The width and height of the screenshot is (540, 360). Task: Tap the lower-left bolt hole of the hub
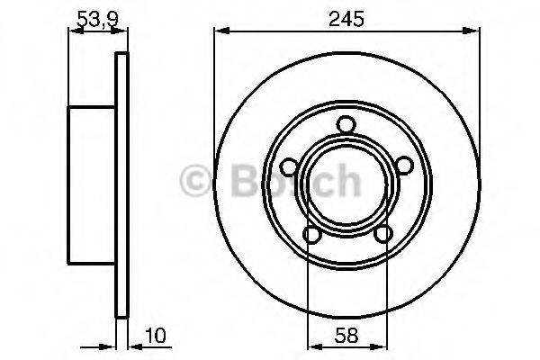coord(311,235)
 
